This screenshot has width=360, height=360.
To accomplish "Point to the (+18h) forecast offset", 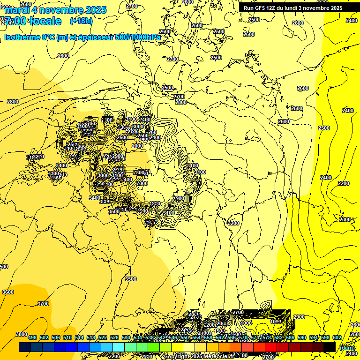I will pos(81,21).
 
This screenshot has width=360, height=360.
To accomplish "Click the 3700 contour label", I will pos(43,304).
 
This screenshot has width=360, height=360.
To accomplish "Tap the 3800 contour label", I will pos(22,334).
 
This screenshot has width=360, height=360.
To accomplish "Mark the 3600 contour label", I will pos(8,292).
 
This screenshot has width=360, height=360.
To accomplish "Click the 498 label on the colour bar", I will pos(32,337).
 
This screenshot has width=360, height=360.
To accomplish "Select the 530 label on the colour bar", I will pos(126,337).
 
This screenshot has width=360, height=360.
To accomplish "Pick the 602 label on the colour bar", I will pos(337,337).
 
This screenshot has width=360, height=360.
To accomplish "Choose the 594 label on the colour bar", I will pos(314,337).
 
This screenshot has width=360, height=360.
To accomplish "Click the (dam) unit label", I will pos(347,348).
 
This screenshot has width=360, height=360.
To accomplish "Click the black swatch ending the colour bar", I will pos(330,347).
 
